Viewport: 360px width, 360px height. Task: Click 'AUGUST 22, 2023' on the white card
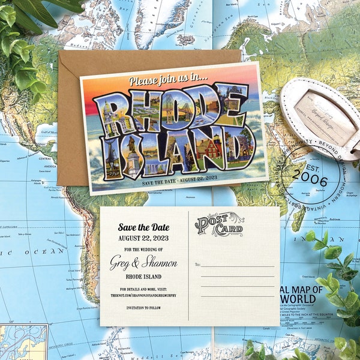pos(143,238)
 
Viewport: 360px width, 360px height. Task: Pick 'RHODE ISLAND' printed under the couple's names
pos(143,277)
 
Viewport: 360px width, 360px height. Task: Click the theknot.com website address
pos(143,295)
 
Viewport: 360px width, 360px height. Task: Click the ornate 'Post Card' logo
pos(219,225)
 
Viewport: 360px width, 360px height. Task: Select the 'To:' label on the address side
pos(197,264)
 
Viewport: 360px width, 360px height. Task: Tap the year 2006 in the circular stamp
pos(310,181)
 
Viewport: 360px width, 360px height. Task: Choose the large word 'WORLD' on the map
pos(303,299)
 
